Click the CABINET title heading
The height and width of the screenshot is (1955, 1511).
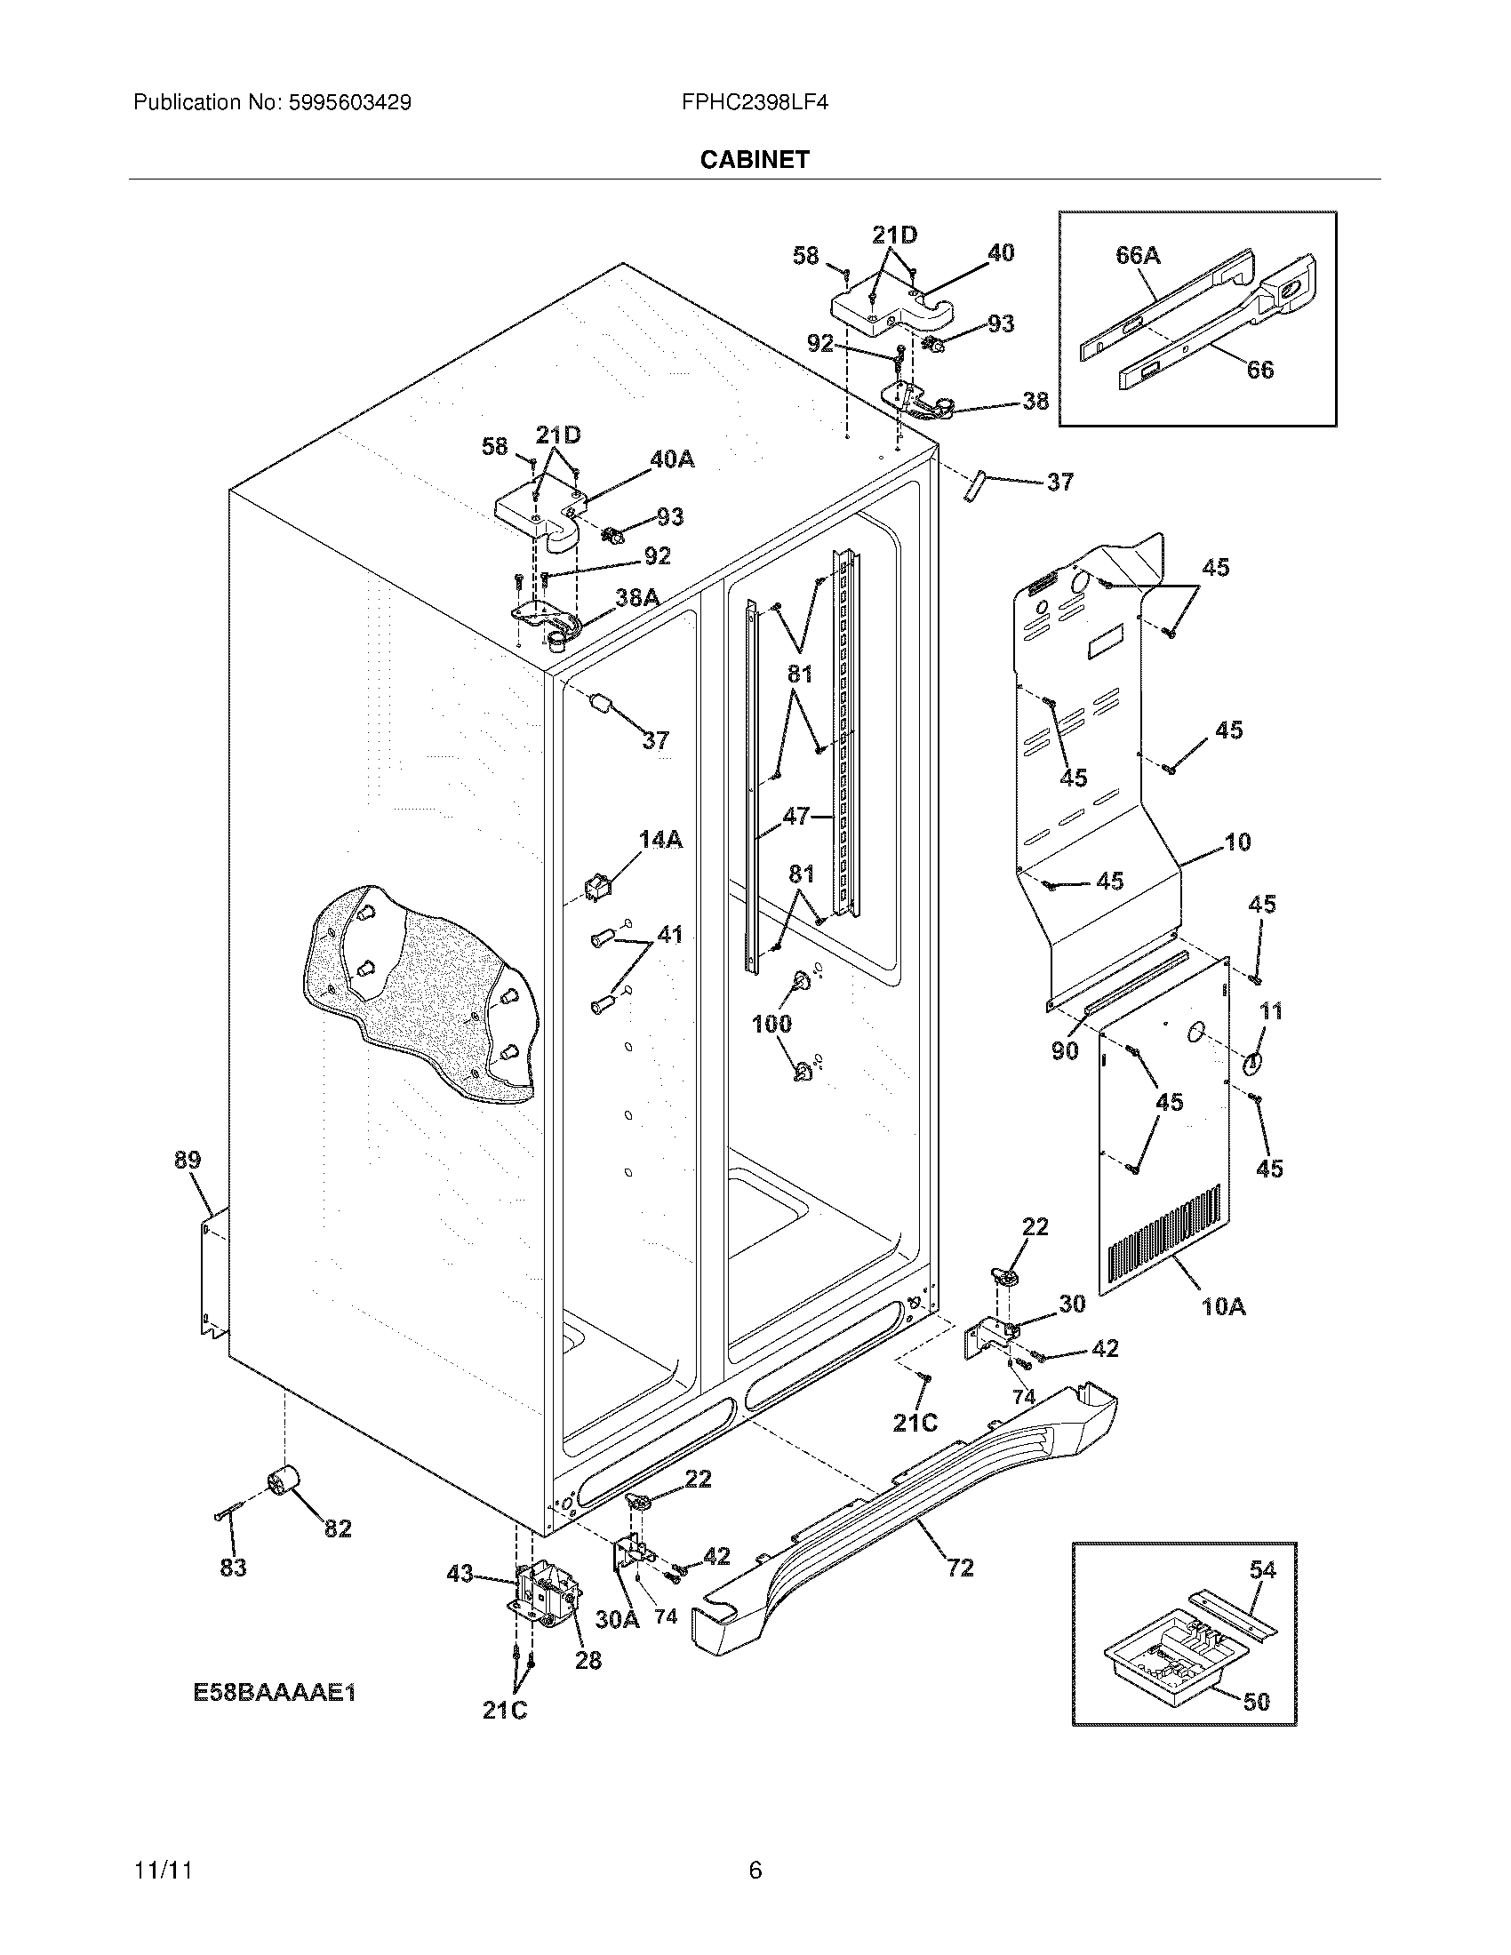coord(755,159)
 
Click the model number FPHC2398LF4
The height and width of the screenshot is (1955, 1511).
coord(755,102)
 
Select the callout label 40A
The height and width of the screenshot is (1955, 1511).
coord(672,459)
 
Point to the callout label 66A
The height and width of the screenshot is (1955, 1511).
coord(1138,256)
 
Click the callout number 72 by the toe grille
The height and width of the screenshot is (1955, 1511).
coord(960,1567)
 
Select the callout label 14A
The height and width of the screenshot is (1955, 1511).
coord(660,839)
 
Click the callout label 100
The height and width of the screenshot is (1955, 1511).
coord(771,1023)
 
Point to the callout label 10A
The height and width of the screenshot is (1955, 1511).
coord(1224,1307)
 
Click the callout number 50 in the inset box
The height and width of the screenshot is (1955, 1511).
coord(1257,1701)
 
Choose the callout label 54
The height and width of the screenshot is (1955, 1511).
coord(1262,1570)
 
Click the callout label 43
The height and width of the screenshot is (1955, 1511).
coord(460,1573)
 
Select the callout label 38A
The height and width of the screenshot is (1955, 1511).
coord(637,597)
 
